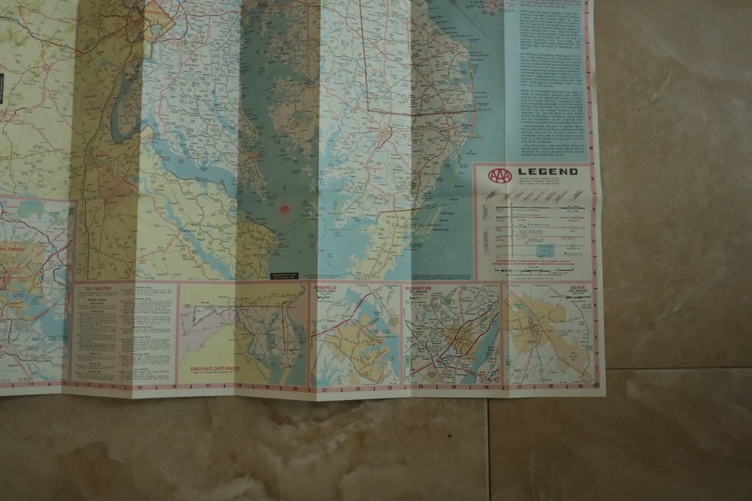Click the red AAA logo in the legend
pyautogui.click(x=499, y=175)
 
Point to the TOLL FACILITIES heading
pyautogui.click(x=97, y=289)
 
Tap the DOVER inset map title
pyautogui.click(x=577, y=288)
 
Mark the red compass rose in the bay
pyautogui.click(x=284, y=210)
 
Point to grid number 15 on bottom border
pyautogui.click(x=139, y=387)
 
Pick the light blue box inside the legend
pyautogui.click(x=546, y=250)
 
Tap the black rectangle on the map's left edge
pyautogui.click(x=2, y=88)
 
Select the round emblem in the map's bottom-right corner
pyautogui.click(x=597, y=384)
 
